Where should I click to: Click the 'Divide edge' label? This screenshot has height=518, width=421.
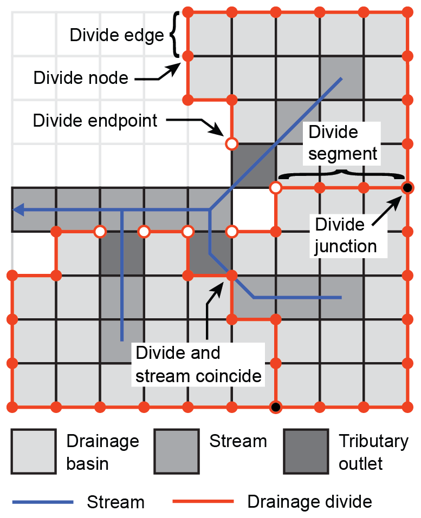click(x=116, y=35)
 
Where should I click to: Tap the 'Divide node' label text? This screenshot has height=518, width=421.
click(x=81, y=78)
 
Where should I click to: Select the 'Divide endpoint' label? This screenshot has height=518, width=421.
click(x=95, y=120)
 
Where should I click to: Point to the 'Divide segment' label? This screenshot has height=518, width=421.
click(x=342, y=143)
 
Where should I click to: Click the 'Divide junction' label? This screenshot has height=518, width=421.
click(x=345, y=235)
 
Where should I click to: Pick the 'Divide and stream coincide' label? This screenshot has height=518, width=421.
click(x=198, y=364)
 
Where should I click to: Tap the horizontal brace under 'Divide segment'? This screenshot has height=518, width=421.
click(x=342, y=174)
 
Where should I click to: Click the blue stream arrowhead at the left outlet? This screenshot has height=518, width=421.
click(x=19, y=209)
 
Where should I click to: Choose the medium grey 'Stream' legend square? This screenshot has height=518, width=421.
click(x=176, y=451)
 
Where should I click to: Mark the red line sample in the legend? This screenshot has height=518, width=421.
click(x=203, y=502)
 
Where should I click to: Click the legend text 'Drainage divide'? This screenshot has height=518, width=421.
click(x=309, y=502)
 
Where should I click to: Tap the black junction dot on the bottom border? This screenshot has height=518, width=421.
click(x=276, y=406)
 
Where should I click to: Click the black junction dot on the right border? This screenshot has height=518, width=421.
click(x=407, y=188)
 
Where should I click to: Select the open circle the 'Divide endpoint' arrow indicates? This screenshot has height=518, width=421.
click(x=231, y=144)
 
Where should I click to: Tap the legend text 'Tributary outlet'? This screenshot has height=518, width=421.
click(x=373, y=453)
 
